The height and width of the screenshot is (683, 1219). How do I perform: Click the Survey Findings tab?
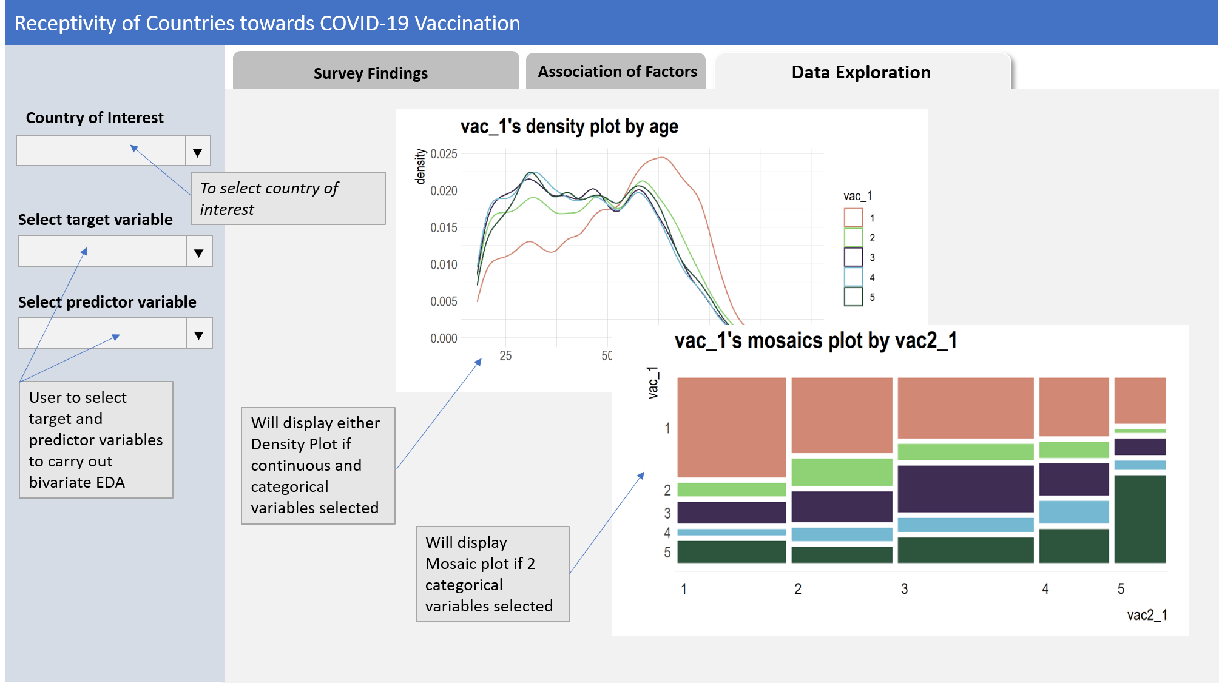point(371,73)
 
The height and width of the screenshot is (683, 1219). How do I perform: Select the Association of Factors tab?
point(617,72)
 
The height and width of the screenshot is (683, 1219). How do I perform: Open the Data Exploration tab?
point(861,72)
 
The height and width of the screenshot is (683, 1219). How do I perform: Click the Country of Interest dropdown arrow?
point(198,152)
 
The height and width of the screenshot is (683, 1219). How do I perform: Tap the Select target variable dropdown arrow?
point(199,252)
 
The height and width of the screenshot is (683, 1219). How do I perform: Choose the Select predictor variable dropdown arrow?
point(199,334)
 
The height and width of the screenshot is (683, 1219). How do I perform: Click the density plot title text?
point(569,127)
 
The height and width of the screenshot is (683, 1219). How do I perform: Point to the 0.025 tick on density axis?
point(444,154)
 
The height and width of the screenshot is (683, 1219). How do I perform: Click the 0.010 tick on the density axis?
point(444,265)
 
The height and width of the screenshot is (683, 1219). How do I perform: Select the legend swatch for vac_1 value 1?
point(853,218)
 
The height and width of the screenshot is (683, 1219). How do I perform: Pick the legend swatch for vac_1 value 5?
point(853,297)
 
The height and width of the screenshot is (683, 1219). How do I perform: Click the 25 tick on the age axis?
point(505,356)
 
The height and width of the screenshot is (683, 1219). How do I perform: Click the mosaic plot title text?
point(815,341)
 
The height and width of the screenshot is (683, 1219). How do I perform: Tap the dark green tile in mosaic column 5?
point(1140,519)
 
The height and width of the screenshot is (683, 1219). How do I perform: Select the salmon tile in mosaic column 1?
point(731,427)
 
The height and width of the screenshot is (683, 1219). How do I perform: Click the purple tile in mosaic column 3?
point(965,488)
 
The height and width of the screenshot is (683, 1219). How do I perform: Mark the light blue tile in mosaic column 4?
point(1073,513)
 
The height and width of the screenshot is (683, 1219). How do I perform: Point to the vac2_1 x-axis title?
point(1147,615)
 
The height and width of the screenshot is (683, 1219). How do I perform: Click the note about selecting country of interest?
point(288,198)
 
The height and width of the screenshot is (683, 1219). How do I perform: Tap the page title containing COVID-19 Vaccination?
point(267,23)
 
